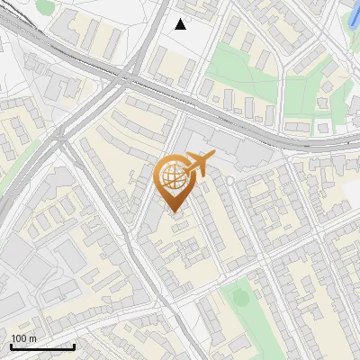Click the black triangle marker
[181, 24]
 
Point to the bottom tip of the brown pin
[173, 212]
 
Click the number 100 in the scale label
[19, 337]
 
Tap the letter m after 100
[33, 337]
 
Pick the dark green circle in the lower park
[239, 294]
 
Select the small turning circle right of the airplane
[229, 181]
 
